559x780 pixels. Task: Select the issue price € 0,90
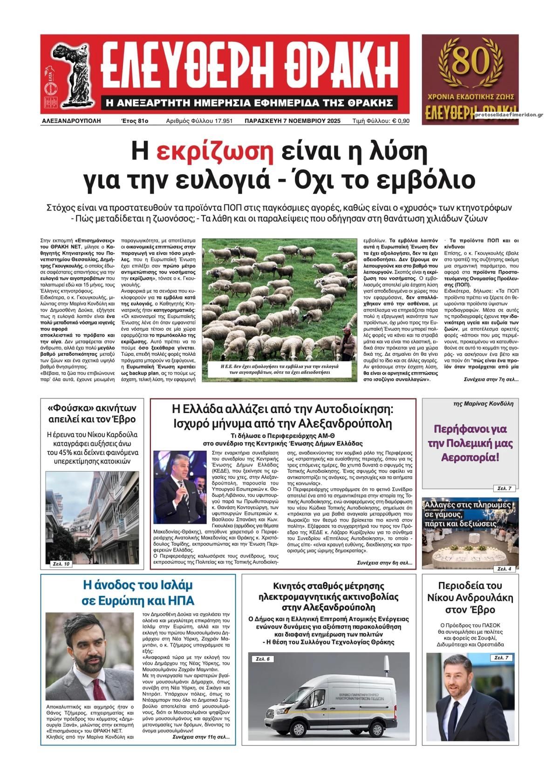click(401, 121)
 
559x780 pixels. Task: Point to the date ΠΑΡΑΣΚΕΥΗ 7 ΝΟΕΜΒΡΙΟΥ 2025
click(293, 121)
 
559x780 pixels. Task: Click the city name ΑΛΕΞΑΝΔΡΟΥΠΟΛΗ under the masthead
click(71, 121)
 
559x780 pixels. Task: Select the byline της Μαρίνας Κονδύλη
click(483, 404)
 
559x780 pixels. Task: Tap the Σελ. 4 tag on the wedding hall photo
click(504, 569)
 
